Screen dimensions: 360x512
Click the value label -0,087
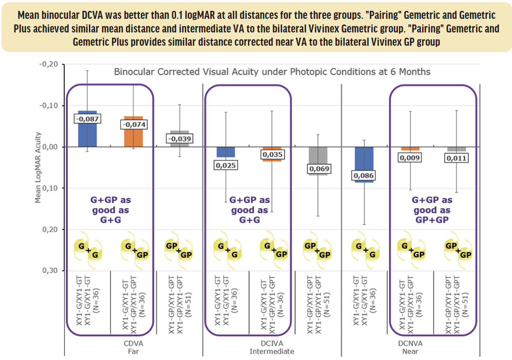pyautogui.click(x=87, y=119)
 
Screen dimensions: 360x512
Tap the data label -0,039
pyautogui.click(x=179, y=139)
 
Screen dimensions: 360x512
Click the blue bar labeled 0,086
pyautogui.click(x=364, y=164)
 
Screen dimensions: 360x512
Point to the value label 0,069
pyautogui.click(x=318, y=169)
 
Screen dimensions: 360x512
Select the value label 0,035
pyautogui.click(x=272, y=154)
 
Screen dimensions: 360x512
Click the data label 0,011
pyautogui.click(x=457, y=158)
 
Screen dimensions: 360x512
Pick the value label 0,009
pyautogui.click(x=410, y=158)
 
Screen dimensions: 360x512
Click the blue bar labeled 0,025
pyautogui.click(x=226, y=152)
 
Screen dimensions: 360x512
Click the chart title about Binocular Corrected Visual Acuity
pyautogui.click(x=272, y=72)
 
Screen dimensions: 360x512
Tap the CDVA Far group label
pyautogui.click(x=134, y=347)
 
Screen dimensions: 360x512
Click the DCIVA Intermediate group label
pyautogui.click(x=272, y=347)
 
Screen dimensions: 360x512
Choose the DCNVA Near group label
pyautogui.click(x=410, y=347)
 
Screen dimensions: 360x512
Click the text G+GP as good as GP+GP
pyautogui.click(x=432, y=210)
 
